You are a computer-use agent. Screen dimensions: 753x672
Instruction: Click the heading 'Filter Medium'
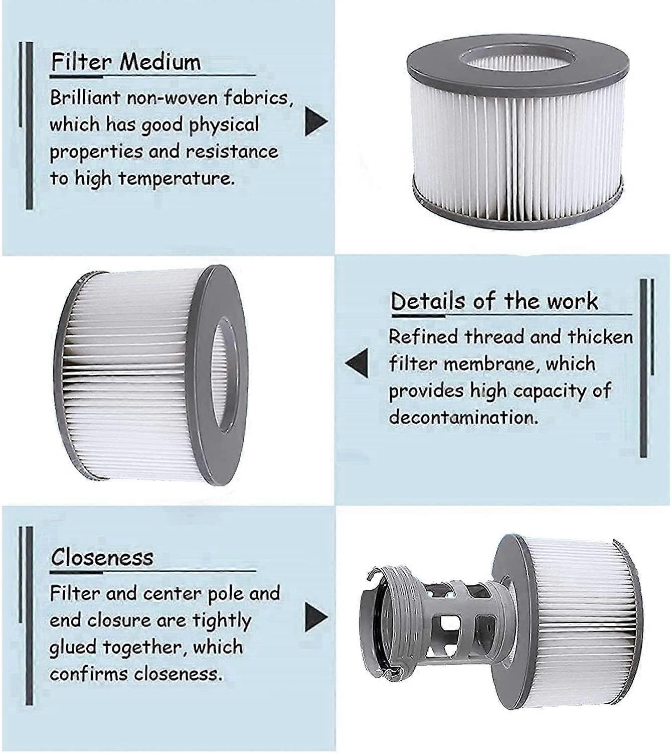(x=126, y=62)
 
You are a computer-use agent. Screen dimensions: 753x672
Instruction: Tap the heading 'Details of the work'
(x=494, y=301)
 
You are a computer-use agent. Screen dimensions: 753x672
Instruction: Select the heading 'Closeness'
(x=102, y=557)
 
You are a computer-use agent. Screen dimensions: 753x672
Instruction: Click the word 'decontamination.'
(x=463, y=417)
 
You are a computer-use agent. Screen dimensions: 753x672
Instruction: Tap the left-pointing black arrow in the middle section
(x=357, y=362)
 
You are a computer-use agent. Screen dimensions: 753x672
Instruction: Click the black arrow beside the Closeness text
(x=316, y=617)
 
